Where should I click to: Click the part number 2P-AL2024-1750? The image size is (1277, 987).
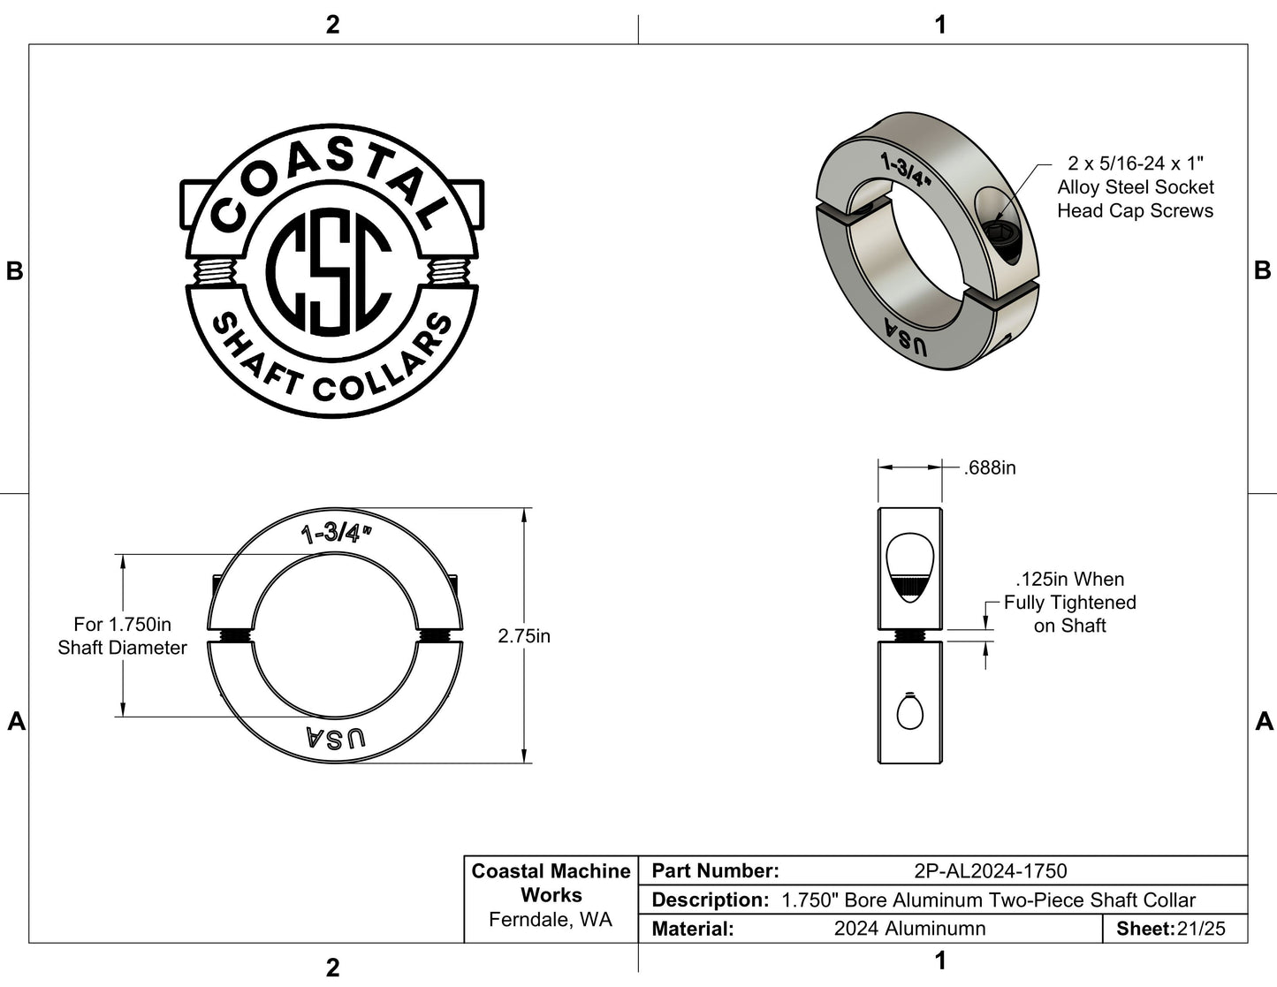(x=990, y=871)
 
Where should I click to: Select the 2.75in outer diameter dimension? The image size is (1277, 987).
(x=523, y=636)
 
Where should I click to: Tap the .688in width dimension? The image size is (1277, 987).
(x=990, y=467)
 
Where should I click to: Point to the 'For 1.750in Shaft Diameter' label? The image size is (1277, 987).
(x=122, y=636)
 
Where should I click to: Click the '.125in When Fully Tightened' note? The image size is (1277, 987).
(x=1069, y=603)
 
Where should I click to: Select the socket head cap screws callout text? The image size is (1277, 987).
(x=1135, y=187)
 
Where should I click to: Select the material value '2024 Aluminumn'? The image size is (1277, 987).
(x=909, y=929)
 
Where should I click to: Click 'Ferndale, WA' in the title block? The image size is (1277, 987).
(x=550, y=920)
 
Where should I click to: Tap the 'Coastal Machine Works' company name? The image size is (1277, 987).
(x=551, y=883)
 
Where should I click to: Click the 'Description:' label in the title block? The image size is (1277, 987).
(x=710, y=900)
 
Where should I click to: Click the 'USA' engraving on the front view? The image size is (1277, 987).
(x=335, y=739)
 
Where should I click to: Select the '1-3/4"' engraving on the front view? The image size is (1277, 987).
(x=336, y=533)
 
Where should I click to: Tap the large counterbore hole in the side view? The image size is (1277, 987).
(x=908, y=568)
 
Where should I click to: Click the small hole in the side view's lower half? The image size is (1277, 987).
(x=908, y=711)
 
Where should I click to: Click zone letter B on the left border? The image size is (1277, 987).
(x=14, y=271)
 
